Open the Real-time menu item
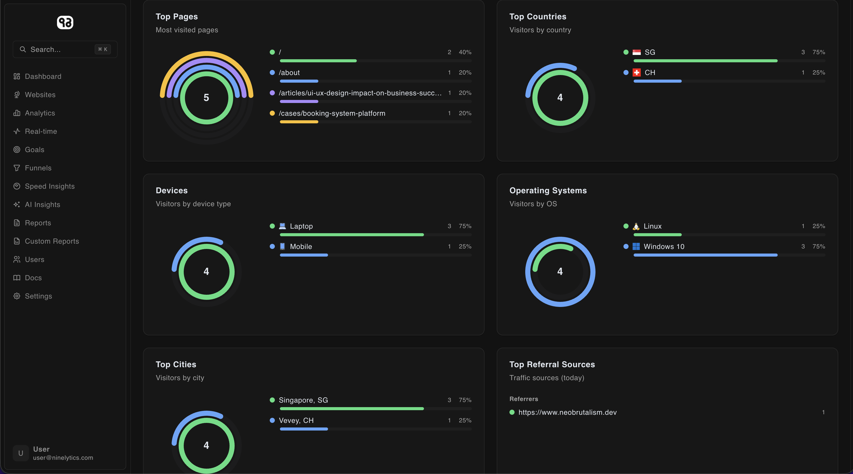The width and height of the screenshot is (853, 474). (41, 131)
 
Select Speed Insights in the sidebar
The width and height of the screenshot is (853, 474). (50, 186)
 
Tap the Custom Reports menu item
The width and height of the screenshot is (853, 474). (52, 241)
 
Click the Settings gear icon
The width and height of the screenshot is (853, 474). (17, 296)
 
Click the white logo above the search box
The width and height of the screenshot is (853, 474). (65, 23)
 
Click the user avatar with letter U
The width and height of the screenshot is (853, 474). (21, 453)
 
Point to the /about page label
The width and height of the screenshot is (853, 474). (289, 72)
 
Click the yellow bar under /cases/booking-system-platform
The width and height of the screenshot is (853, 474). (299, 122)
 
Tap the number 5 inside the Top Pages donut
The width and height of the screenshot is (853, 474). (206, 98)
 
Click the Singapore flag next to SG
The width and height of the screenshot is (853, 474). (636, 52)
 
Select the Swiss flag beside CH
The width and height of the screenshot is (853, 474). (636, 72)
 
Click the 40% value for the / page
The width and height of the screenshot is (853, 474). (465, 52)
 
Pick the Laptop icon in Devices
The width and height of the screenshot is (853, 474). (282, 226)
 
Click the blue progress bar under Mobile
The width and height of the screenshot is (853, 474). (304, 255)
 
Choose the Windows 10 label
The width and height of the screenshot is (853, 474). (664, 247)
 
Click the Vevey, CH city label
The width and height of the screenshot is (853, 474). (296, 420)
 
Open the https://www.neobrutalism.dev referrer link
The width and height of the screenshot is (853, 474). (567, 412)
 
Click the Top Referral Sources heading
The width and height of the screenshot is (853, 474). (552, 364)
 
